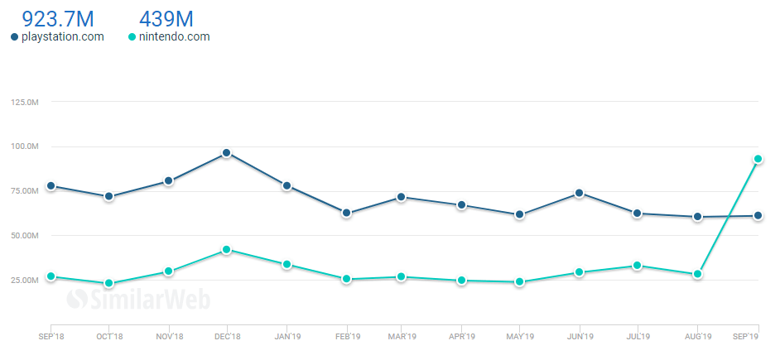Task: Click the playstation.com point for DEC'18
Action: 227,153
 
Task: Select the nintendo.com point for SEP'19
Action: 758,159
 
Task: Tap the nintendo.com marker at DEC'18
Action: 227,250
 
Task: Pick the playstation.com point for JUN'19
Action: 580,193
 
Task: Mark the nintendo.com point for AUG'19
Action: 698,274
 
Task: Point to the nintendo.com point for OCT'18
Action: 108,283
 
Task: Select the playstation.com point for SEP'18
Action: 51,185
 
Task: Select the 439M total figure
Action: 166,17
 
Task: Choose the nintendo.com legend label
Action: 174,36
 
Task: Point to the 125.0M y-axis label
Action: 24,102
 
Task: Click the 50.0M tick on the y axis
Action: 26,236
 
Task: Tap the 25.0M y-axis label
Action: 26,281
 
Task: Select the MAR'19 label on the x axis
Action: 402,337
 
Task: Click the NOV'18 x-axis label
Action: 168,337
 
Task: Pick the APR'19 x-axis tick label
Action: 462,337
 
